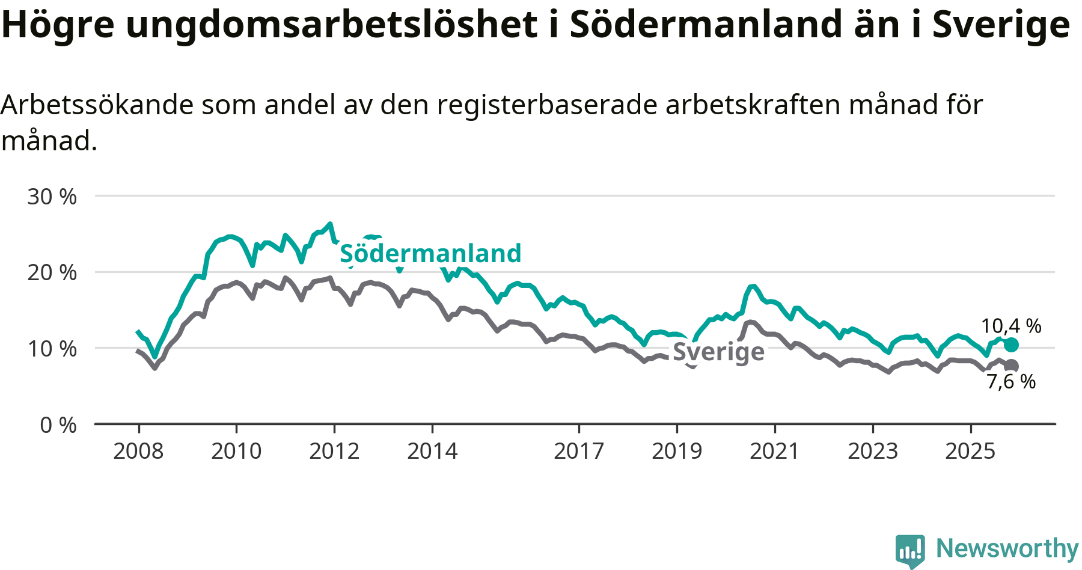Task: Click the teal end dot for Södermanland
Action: click(x=1011, y=345)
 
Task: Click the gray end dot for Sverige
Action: click(x=1012, y=366)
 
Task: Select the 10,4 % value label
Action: click(x=1011, y=326)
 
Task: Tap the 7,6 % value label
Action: click(x=1011, y=381)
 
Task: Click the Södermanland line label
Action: click(x=430, y=253)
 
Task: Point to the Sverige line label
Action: click(x=718, y=352)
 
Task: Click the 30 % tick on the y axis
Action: click(x=52, y=197)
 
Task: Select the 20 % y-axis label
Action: click(x=52, y=272)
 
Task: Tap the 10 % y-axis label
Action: click(x=52, y=349)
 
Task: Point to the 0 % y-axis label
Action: click(x=58, y=425)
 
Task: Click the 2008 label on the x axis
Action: click(x=138, y=451)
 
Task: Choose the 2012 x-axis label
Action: click(x=334, y=451)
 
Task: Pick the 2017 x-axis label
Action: click(x=579, y=451)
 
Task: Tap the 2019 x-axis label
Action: click(x=677, y=451)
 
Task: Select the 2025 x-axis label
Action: click(x=970, y=451)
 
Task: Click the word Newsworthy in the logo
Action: click(x=1007, y=548)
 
